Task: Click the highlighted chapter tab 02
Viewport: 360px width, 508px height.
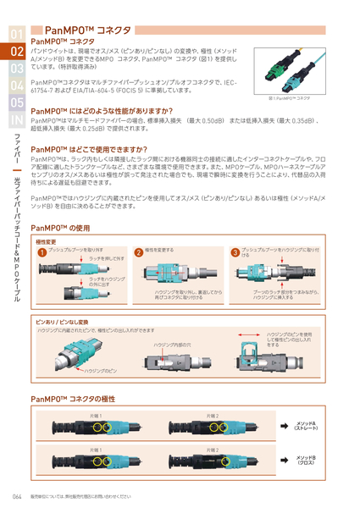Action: tap(18, 52)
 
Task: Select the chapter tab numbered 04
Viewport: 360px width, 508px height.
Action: tap(18, 86)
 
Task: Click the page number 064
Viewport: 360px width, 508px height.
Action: tap(17, 496)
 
